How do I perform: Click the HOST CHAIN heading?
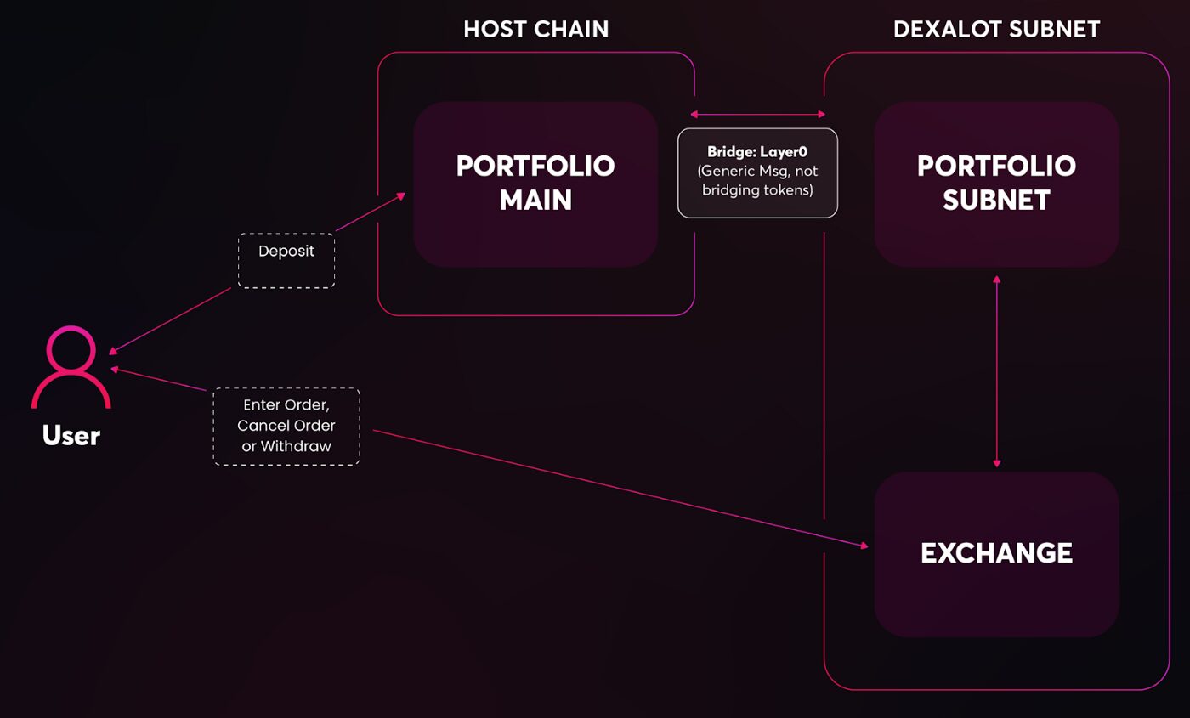536,29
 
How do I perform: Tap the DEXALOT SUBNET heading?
996,29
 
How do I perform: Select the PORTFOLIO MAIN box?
535,184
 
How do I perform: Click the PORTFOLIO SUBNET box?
996,184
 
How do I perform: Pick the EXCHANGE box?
996,554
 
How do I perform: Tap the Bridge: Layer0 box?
757,172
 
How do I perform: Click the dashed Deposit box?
286,261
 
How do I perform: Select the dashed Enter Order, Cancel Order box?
286,427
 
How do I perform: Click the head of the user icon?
71,349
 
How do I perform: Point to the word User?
71,435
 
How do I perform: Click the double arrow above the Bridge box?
757,114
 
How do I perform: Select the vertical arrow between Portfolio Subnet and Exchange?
996,371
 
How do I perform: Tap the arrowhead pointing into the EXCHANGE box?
864,545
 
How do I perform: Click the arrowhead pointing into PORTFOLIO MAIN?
401,196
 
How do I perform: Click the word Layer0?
784,152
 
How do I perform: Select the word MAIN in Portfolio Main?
535,201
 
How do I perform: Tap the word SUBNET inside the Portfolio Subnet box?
996,201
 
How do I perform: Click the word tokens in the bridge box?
788,190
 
